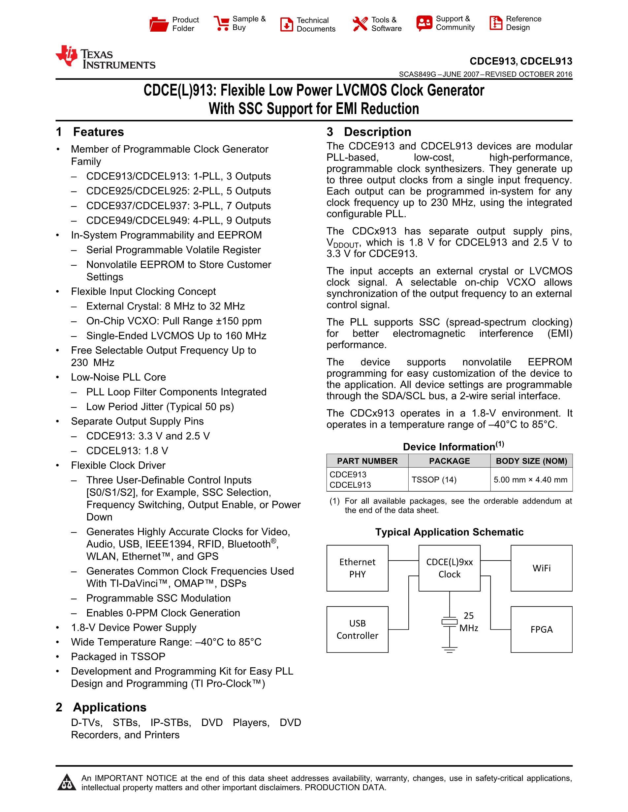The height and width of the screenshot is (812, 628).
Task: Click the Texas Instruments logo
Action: tap(105, 57)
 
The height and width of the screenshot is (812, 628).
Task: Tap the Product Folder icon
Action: tap(159, 24)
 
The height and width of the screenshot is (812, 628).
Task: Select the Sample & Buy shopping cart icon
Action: tap(221, 23)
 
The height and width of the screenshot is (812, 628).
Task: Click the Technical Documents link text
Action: tap(316, 24)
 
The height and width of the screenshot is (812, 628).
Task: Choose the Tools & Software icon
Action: tap(360, 24)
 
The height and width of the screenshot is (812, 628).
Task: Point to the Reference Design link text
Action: tap(523, 23)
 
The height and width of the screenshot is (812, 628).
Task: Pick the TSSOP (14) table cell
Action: tap(434, 479)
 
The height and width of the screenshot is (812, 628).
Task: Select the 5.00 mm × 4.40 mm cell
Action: tap(530, 479)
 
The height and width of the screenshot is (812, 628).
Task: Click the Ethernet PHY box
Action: tap(357, 568)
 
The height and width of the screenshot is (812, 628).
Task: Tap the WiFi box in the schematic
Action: tap(541, 568)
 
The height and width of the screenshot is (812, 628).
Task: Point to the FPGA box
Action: tap(541, 629)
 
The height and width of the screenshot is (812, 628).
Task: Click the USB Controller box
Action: tap(357, 629)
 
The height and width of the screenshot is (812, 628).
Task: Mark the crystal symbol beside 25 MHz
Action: tap(450, 621)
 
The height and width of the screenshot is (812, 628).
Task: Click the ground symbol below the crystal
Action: tap(450, 650)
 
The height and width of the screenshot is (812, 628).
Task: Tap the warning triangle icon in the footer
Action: tap(67, 782)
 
